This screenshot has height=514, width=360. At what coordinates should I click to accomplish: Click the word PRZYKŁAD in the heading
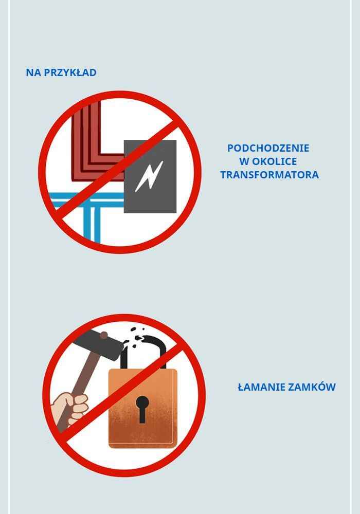click(70, 72)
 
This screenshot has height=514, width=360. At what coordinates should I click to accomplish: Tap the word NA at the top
click(33, 72)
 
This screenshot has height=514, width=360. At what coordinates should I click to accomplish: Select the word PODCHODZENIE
click(268, 148)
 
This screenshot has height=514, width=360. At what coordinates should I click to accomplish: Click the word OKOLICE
click(275, 161)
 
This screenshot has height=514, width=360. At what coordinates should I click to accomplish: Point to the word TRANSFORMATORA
click(269, 175)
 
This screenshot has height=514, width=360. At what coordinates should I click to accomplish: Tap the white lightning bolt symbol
click(149, 176)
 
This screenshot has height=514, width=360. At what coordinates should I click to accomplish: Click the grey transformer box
click(150, 176)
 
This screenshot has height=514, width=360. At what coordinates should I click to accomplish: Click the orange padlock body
click(143, 409)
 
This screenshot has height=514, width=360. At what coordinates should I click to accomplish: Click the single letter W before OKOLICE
click(244, 161)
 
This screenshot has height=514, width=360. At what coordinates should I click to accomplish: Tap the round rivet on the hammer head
click(104, 335)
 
